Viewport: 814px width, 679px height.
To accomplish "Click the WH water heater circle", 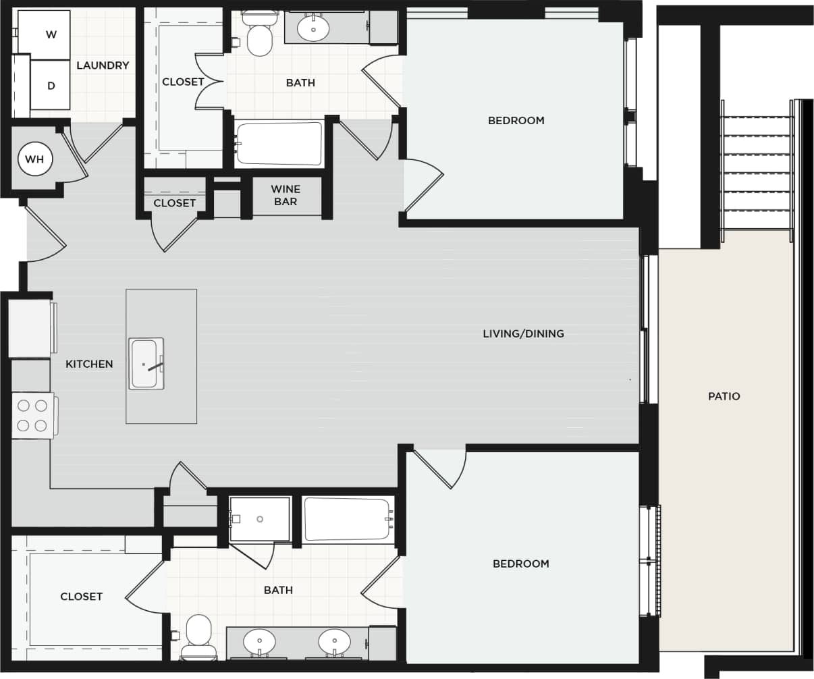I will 34,159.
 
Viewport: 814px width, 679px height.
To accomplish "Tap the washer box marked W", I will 45,34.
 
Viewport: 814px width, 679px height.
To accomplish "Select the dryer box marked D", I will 50,86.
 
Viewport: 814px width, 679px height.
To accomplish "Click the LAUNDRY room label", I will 103,65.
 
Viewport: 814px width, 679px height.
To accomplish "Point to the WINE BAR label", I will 286,195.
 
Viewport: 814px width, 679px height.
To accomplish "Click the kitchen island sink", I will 144,363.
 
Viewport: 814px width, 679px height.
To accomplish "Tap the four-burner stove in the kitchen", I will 32,416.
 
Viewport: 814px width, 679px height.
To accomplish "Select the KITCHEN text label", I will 89,364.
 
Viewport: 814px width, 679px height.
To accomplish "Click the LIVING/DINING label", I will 523,333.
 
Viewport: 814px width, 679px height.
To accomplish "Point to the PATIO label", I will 724,396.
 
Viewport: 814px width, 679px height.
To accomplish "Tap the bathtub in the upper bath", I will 279,144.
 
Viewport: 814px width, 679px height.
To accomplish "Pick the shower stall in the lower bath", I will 260,519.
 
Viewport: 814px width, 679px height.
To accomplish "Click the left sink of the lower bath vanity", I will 259,641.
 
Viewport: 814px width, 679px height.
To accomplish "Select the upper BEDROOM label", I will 516,120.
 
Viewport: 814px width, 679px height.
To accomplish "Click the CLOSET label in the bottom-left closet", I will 81,597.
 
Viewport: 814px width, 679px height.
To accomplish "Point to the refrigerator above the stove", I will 30,329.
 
